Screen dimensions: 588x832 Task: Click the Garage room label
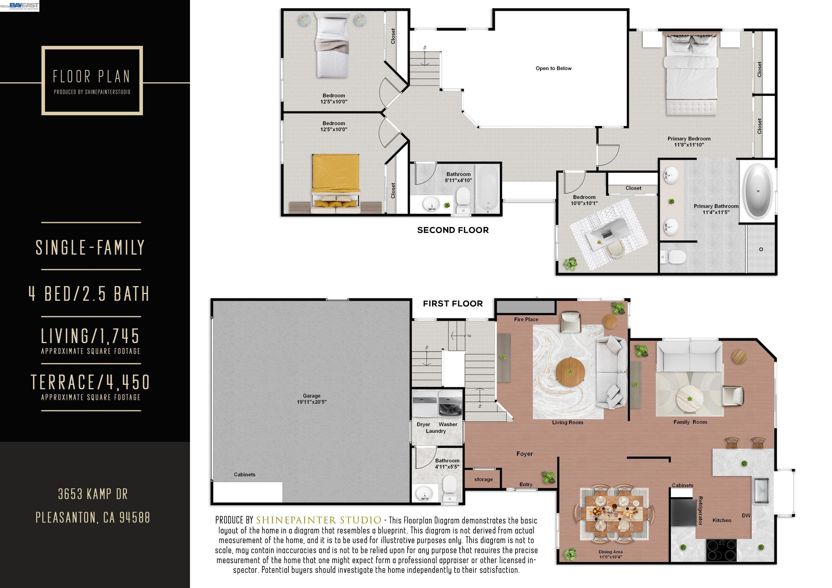tap(312, 399)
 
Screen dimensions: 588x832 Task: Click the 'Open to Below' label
tap(553, 68)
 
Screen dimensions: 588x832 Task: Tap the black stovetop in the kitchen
tap(721, 550)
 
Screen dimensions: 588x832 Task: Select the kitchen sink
tap(763, 491)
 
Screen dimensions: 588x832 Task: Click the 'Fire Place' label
tap(526, 319)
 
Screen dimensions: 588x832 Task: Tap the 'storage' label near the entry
tap(483, 479)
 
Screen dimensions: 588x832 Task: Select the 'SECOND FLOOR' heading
tap(453, 230)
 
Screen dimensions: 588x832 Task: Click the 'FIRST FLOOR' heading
tap(453, 304)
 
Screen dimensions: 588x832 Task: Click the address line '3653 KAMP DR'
tap(93, 494)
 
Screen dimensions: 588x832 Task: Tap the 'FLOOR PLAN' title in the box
tap(92, 76)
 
